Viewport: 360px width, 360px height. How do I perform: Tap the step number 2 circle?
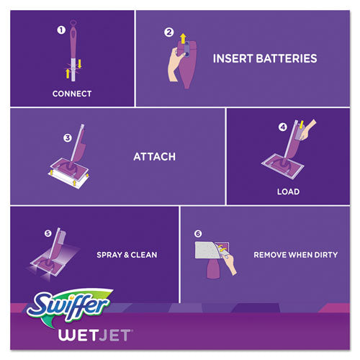click(168, 32)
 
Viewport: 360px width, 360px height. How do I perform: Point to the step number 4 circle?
click(284, 128)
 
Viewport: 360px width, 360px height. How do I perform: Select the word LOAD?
click(288, 192)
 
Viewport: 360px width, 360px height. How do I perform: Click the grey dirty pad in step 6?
click(213, 251)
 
